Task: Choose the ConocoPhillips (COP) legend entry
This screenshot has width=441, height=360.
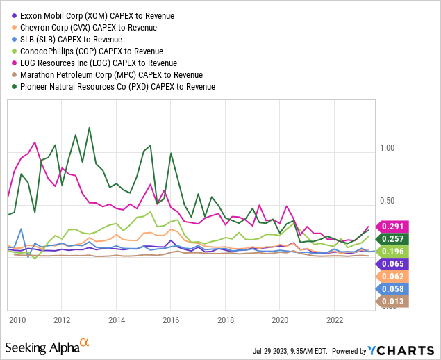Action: pos(92,51)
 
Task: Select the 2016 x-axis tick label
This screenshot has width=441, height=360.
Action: pos(171,320)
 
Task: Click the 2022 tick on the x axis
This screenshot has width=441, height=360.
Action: pos(335,320)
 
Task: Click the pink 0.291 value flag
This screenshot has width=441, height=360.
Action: pos(394,227)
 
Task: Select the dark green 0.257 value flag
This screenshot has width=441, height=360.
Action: pos(394,239)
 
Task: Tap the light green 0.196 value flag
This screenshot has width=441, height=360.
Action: pos(394,251)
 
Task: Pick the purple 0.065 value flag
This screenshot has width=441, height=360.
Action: pos(394,264)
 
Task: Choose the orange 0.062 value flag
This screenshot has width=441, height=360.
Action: pos(394,277)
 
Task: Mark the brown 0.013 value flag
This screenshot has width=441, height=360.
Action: pos(394,301)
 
